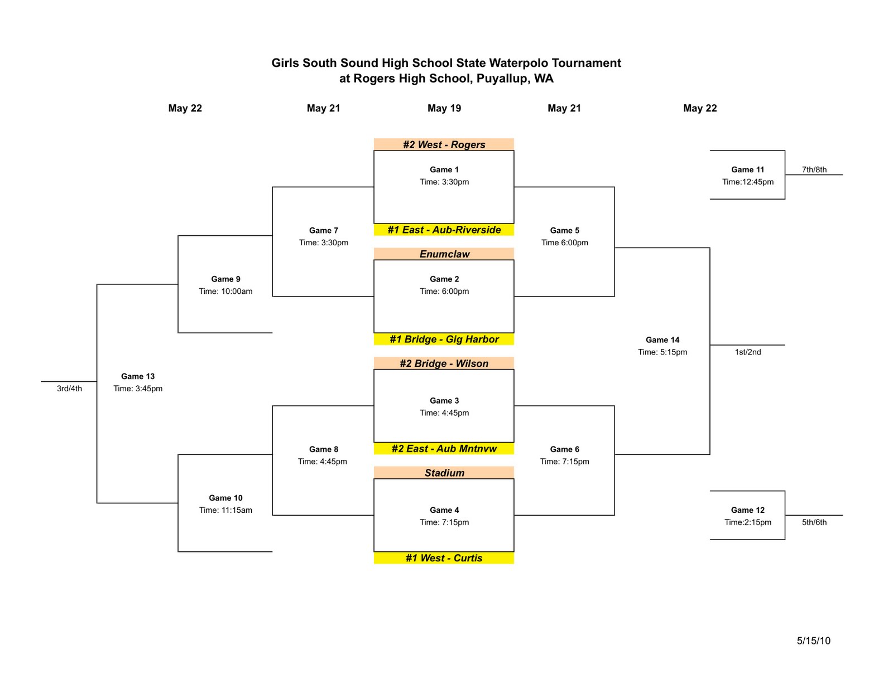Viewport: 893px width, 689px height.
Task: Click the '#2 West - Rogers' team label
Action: (x=444, y=144)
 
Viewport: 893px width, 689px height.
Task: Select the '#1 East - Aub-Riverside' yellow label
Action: (x=444, y=230)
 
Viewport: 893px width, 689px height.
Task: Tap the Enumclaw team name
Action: (x=444, y=254)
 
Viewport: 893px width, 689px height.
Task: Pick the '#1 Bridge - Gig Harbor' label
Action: (x=444, y=339)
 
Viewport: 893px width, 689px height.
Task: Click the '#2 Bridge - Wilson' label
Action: (x=444, y=363)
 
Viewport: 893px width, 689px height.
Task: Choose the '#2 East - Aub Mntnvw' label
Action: (x=444, y=449)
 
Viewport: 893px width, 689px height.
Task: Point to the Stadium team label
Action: (x=444, y=473)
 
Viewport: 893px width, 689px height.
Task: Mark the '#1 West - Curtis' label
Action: (x=444, y=558)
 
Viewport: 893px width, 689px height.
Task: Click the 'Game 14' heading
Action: (x=662, y=339)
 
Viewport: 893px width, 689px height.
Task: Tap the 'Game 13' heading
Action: (x=138, y=376)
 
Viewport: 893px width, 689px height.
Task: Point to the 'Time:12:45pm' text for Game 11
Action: (x=748, y=182)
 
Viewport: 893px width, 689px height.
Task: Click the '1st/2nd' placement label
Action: (x=748, y=352)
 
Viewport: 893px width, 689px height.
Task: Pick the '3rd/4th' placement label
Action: (x=69, y=389)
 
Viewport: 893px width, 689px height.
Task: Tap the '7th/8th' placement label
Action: (x=814, y=169)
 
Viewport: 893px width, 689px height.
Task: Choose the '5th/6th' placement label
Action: (x=814, y=522)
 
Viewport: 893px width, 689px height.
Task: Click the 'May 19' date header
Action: (x=444, y=108)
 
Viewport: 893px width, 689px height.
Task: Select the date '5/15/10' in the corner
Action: (x=813, y=641)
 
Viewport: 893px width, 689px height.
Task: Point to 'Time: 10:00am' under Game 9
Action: (x=225, y=291)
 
